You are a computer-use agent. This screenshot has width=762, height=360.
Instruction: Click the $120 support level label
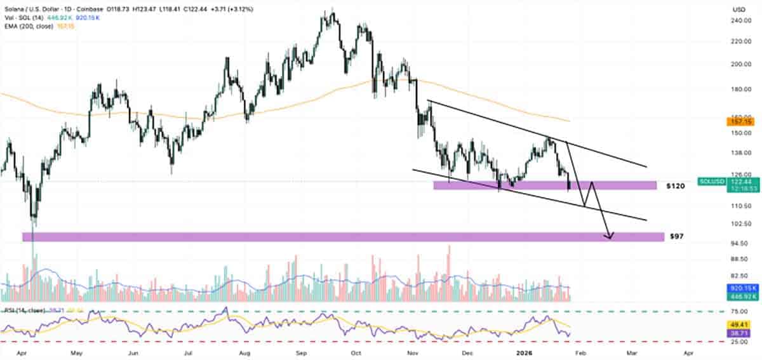pyautogui.click(x=675, y=187)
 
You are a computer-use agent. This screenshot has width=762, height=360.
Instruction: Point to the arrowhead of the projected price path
pyautogui.click(x=610, y=237)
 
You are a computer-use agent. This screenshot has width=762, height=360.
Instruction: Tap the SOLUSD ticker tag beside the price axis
pyautogui.click(x=710, y=182)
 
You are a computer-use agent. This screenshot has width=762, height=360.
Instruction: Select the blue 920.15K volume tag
pyautogui.click(x=741, y=288)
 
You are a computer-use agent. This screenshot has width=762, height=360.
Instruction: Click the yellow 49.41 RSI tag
pyautogui.click(x=739, y=324)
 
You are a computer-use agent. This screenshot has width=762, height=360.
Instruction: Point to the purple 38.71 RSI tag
pyautogui.click(x=739, y=332)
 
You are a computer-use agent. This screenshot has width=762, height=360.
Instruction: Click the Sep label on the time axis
pyautogui.click(x=302, y=351)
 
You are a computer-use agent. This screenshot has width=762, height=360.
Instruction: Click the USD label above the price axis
pyautogui.click(x=739, y=10)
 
